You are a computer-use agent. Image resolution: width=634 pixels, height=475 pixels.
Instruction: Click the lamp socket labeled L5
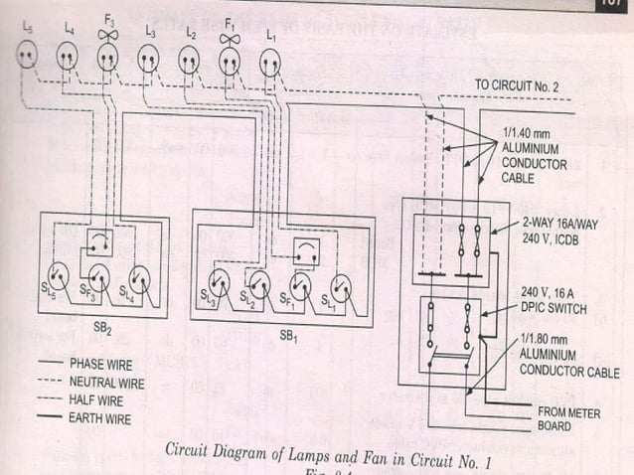[x=27, y=57]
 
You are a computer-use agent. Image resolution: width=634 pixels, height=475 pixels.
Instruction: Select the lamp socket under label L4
[x=68, y=59]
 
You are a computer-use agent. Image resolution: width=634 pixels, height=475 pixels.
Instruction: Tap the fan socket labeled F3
[x=107, y=60]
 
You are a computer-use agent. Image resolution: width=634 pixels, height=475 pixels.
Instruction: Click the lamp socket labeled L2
[x=190, y=61]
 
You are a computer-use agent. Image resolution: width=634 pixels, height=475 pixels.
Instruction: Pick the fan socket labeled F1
[x=230, y=62]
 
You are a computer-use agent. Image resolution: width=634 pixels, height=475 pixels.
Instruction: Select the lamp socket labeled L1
[x=269, y=63]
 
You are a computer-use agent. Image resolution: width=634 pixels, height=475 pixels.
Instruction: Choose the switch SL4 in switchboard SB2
[x=139, y=278]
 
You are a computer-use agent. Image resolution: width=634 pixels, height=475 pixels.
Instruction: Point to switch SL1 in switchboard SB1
[x=341, y=287]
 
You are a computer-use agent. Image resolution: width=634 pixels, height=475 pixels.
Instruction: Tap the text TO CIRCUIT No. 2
[x=516, y=87]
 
